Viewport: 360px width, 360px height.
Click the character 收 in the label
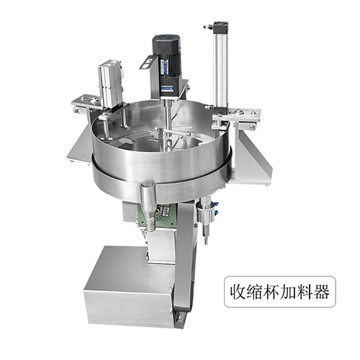coord(238,292)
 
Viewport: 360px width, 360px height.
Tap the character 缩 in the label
coord(254,292)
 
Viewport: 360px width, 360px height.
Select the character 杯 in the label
coord(271,292)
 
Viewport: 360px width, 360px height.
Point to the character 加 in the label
coord(288,292)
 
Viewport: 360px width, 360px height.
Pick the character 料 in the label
coord(305,292)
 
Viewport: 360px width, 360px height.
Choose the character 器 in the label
coord(321,292)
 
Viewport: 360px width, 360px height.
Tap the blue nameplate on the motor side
coord(165,67)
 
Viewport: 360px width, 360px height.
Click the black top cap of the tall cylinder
coord(221,26)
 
